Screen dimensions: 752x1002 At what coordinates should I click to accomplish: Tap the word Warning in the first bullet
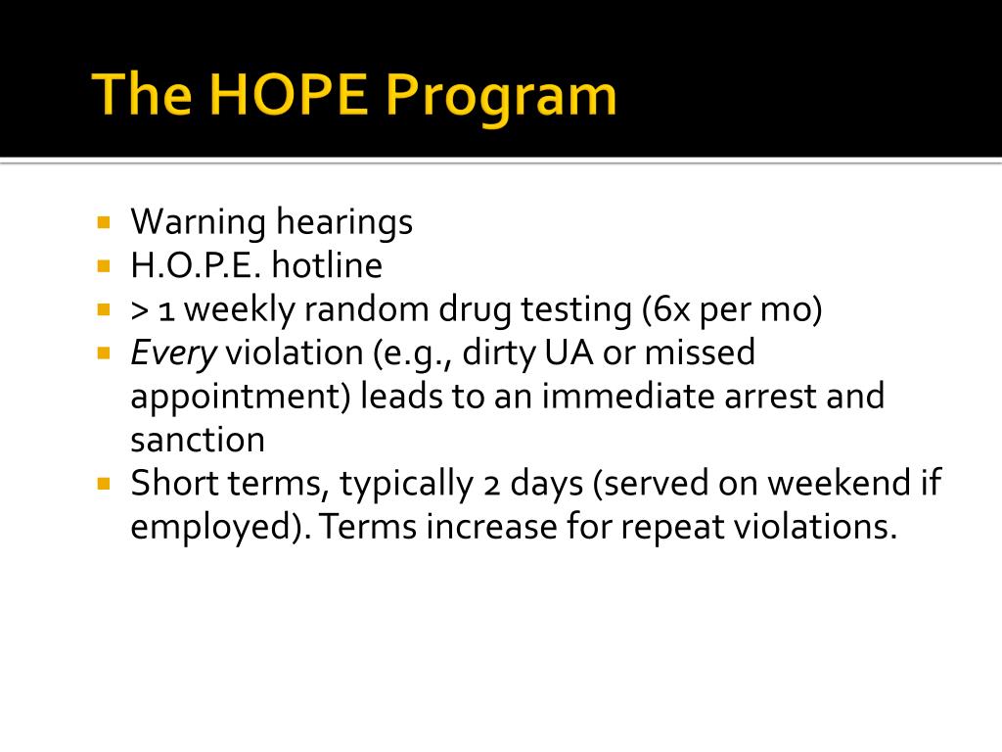click(x=199, y=223)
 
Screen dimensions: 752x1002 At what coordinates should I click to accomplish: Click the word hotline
click(x=329, y=265)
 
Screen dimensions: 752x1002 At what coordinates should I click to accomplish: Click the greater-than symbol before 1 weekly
click(x=140, y=310)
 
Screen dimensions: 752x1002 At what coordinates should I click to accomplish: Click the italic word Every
click(x=173, y=353)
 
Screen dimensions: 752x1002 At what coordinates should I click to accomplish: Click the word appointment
click(x=240, y=398)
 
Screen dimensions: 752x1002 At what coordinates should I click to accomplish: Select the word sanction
click(x=198, y=441)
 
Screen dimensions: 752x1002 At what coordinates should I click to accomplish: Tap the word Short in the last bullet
click(x=169, y=484)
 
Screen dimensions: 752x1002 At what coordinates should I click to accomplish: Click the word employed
click(x=215, y=528)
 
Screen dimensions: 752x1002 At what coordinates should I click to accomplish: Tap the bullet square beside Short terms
click(x=105, y=483)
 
